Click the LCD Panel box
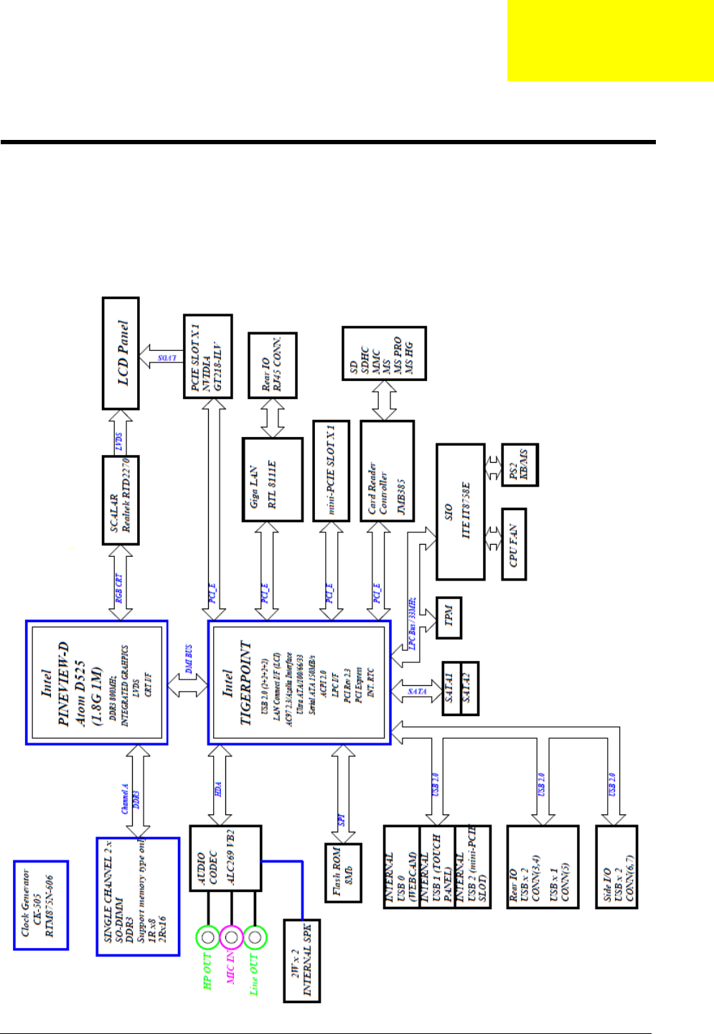point(121,353)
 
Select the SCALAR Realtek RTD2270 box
point(121,500)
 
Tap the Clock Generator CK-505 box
point(41,906)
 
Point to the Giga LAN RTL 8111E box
point(273,479)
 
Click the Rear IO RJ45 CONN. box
point(272,365)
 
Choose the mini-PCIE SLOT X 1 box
point(332,470)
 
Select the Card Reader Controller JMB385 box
point(387,470)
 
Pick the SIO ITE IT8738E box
point(460,512)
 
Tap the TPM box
point(448,617)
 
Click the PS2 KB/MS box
point(520,464)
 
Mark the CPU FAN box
point(513,545)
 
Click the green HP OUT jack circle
point(208,937)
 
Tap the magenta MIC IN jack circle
point(231,937)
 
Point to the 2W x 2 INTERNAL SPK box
point(301,960)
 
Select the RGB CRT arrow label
point(120,588)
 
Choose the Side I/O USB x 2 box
point(616,867)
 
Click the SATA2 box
point(469,688)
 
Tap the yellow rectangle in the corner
point(610,40)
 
